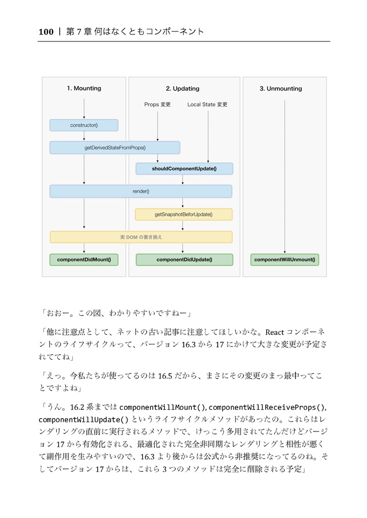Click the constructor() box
pyautogui.click(x=84, y=125)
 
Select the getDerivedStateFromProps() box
pyautogui.click(x=115, y=148)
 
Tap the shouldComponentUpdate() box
pyautogui.click(x=184, y=168)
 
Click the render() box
pyautogui.click(x=141, y=191)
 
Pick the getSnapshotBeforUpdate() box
pyautogui.click(x=183, y=214)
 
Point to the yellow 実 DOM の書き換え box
pyautogui.click(x=141, y=237)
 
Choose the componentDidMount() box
pyautogui.click(x=84, y=260)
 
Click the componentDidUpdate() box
pyautogui.click(x=184, y=260)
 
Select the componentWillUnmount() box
pyautogui.click(x=284, y=260)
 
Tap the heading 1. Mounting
pyautogui.click(x=84, y=89)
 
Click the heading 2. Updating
pyautogui.click(x=183, y=89)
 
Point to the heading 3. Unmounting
pyautogui.click(x=280, y=89)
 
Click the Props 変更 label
pyautogui.click(x=157, y=105)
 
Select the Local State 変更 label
pyautogui.click(x=208, y=105)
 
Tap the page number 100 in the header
pyautogui.click(x=46, y=32)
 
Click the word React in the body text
pyautogui.click(x=275, y=332)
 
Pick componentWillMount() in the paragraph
pyautogui.click(x=163, y=407)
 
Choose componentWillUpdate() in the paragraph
pyautogui.click(x=84, y=419)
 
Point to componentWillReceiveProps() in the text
pyautogui.click(x=267, y=407)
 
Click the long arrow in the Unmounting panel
pyautogui.click(x=284, y=177)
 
